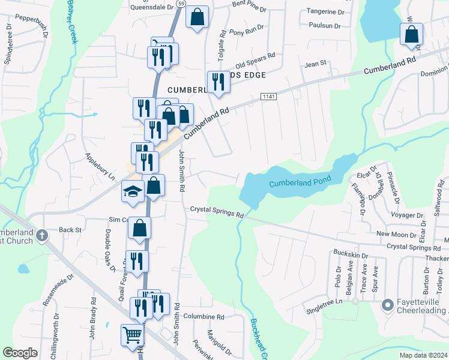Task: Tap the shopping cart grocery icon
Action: point(133,335)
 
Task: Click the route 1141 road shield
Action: point(268,97)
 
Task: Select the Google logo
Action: point(20,353)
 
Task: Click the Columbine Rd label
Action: point(203,317)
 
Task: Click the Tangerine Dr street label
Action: point(325,11)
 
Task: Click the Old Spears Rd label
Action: point(255,60)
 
